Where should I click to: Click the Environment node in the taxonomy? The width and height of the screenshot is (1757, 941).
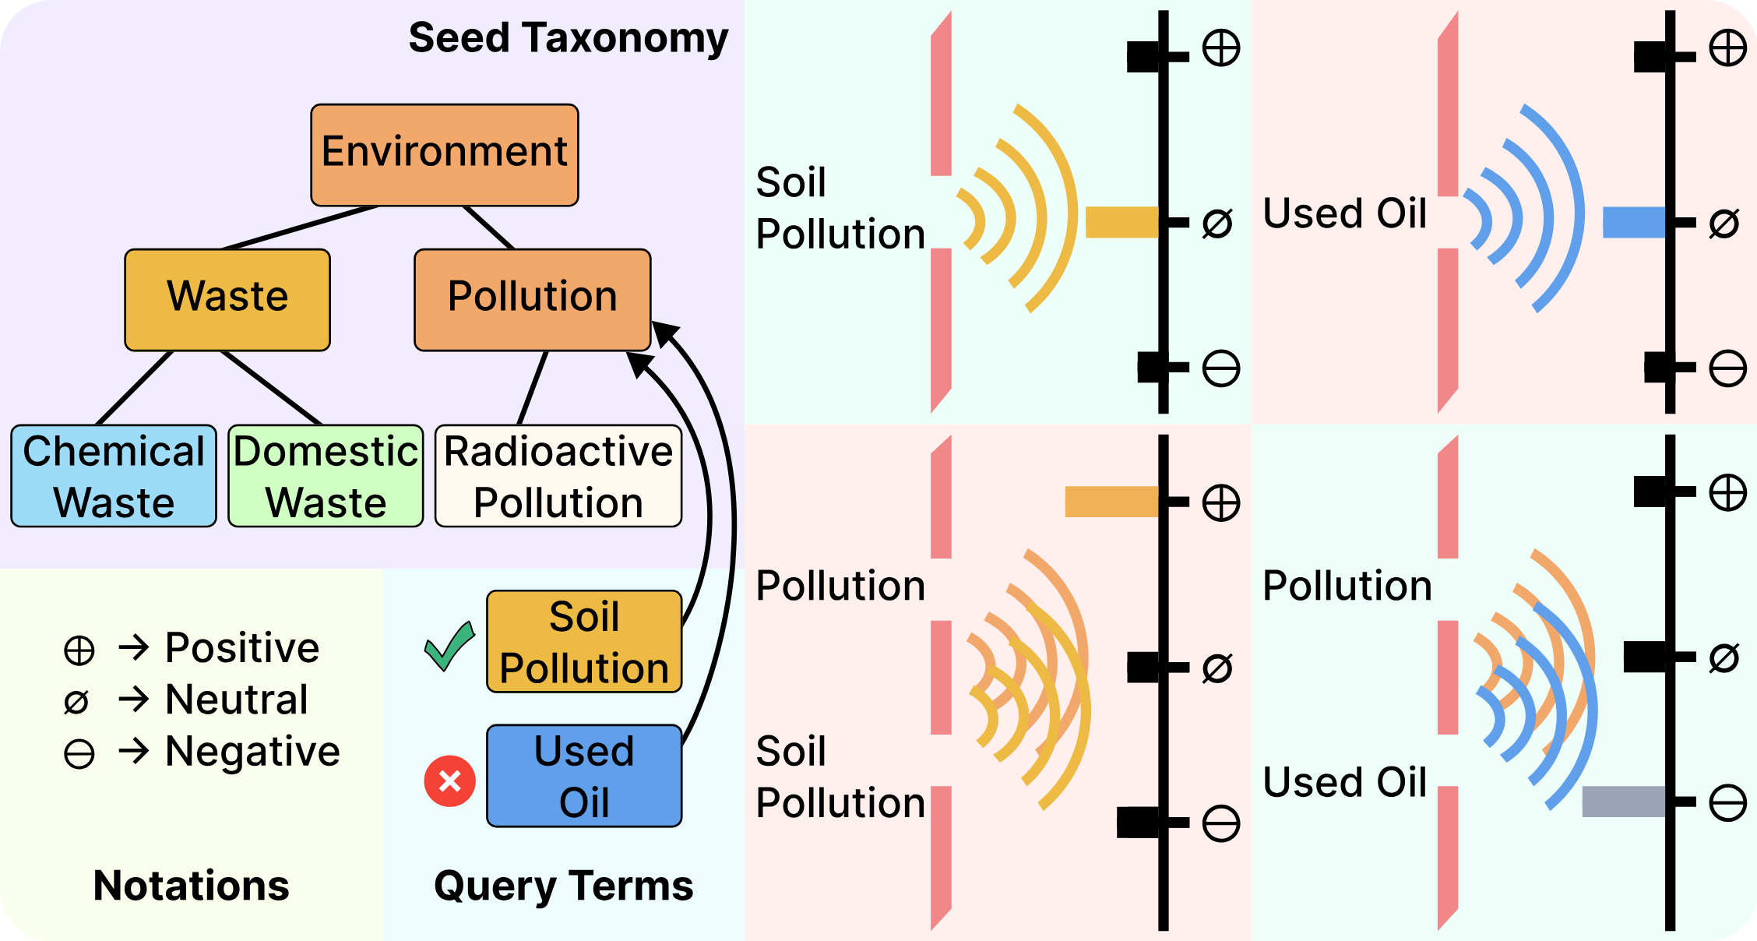(x=444, y=154)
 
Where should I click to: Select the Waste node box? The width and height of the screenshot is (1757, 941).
(x=227, y=299)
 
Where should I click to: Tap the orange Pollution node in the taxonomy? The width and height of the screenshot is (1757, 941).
(x=532, y=299)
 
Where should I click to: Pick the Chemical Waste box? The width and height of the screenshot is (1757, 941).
(x=114, y=476)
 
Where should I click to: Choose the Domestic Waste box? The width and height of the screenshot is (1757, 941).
(x=326, y=476)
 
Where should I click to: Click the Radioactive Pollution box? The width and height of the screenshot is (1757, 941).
(x=558, y=476)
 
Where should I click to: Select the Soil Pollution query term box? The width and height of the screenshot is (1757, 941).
(x=584, y=641)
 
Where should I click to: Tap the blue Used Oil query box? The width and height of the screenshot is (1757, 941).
(x=584, y=776)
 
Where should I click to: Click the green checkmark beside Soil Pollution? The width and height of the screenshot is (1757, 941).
(x=449, y=646)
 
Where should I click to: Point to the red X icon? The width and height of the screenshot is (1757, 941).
(x=449, y=781)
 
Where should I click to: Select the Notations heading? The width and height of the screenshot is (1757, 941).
(x=191, y=886)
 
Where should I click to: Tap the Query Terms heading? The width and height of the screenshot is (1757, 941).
(x=563, y=886)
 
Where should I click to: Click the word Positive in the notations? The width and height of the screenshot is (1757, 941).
(x=242, y=647)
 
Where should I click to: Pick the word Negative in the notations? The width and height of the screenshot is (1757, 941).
(x=252, y=751)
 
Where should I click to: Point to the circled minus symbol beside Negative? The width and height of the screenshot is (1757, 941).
(x=79, y=753)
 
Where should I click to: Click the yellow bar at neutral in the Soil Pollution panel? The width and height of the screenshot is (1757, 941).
(x=1121, y=222)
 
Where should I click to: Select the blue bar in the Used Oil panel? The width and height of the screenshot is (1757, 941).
(x=1633, y=222)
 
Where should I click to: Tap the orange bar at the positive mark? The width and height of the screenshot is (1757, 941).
(x=1111, y=502)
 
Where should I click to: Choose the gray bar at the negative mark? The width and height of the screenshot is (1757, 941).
(x=1623, y=802)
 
